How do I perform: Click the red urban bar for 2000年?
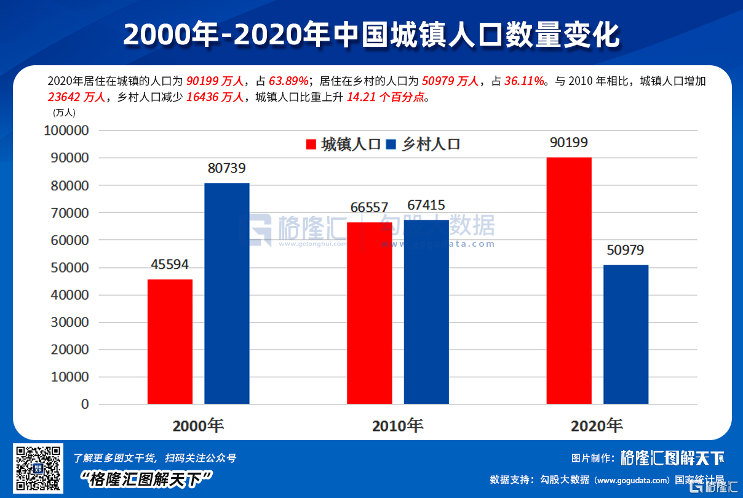170,342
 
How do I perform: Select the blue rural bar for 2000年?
227,294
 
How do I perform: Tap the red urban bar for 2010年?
370,313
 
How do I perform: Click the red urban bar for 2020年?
569,281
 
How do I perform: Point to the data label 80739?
227,168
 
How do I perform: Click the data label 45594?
170,265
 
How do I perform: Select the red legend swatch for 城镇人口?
311,145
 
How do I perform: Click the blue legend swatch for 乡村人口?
391,145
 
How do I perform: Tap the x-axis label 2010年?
397,425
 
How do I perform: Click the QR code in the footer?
38,468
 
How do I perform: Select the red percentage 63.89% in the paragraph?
288,81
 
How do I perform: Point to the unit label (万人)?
64,112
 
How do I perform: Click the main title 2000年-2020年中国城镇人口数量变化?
371,35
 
